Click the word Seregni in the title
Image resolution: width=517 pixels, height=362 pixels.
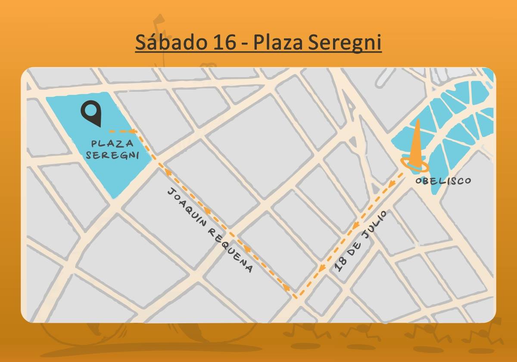click(345, 43)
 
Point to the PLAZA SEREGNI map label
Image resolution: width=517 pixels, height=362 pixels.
click(112, 149)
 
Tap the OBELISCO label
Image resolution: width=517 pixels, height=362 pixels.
click(443, 181)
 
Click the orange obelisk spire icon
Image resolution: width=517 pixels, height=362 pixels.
click(416, 142)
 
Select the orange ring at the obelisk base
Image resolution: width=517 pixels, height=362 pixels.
click(414, 164)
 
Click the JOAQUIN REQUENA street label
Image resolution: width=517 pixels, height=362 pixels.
click(210, 230)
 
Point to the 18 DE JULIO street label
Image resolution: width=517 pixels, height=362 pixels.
click(361, 241)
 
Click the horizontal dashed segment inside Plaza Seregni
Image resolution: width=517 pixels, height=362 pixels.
click(122, 131)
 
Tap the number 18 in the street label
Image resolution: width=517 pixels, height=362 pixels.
click(340, 266)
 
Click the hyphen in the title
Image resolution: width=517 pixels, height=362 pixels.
click(245, 44)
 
